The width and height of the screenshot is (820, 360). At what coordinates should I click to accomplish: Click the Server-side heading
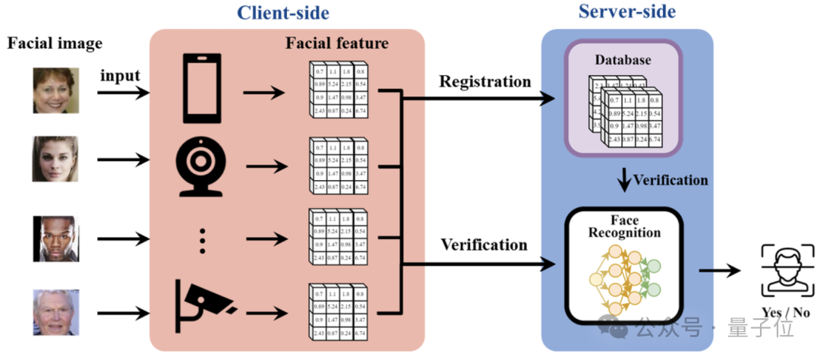pos(626,11)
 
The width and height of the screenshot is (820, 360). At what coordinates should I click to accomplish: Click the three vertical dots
pos(202,240)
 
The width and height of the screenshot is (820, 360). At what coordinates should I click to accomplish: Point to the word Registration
pos(485,81)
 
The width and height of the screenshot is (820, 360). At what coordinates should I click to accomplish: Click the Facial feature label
pos(336,43)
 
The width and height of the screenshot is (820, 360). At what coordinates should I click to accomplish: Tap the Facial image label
pos(55,43)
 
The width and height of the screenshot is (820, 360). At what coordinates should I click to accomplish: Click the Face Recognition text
pos(624,226)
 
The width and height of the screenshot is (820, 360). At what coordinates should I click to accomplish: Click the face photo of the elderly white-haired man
pos(55,311)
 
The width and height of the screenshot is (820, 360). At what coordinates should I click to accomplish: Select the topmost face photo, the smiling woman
pos(55,90)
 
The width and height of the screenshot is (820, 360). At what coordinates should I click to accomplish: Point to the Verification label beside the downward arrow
pos(669,180)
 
